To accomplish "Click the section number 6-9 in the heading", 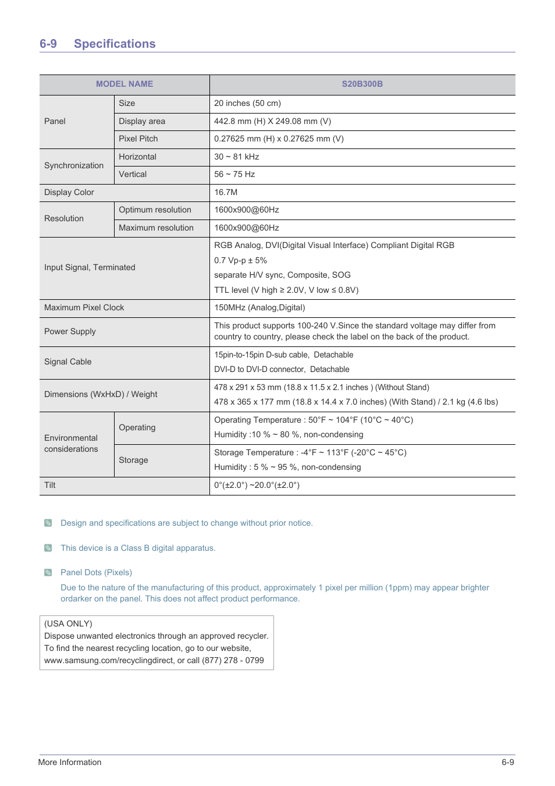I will point(48,44).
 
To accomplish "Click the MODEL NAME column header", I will point(124,84).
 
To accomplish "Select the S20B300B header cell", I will point(362,84).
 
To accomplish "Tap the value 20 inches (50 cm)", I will point(247,103).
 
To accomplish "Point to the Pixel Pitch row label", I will point(138,139).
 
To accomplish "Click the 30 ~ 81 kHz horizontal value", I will point(236,157).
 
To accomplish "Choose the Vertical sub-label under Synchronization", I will point(133,174).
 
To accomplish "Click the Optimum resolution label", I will point(155,210).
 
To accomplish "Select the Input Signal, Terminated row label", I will point(90,267).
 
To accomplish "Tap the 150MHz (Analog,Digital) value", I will point(259,307).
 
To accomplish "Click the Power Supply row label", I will point(70,331).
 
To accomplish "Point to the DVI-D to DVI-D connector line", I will point(282,369).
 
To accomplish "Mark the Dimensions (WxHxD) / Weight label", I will point(101,394).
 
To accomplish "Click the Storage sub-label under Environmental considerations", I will point(133,460).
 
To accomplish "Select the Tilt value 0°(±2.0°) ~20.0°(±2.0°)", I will point(257,485).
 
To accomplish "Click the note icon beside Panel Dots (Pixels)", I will point(48,572).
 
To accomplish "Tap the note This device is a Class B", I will point(138,548).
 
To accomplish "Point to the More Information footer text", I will point(70,762).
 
